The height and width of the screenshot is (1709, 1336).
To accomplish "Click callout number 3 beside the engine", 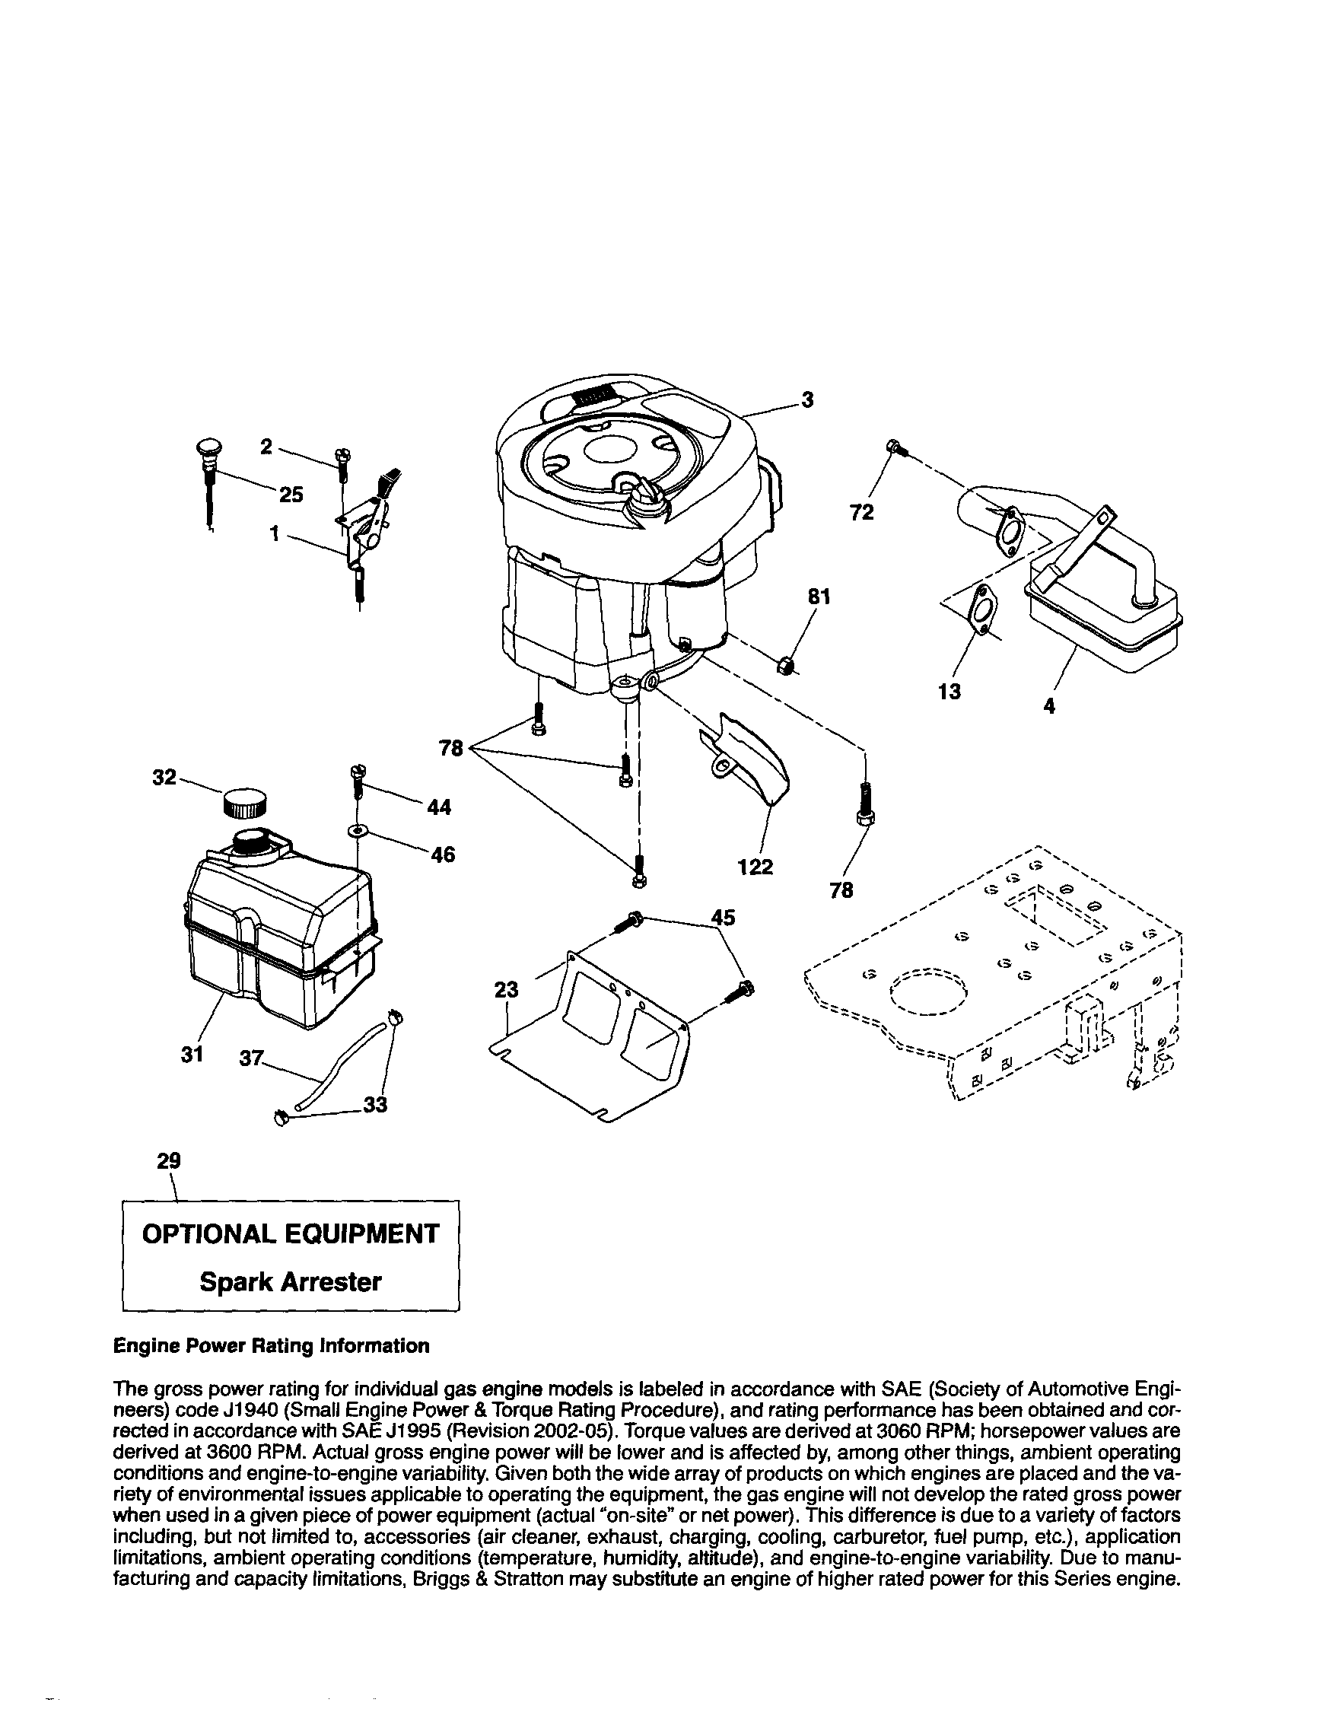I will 808,400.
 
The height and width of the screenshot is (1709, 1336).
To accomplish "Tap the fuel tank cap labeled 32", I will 245,803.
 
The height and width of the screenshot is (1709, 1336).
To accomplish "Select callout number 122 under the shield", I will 755,867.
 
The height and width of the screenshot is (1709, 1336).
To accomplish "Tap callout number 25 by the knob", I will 291,495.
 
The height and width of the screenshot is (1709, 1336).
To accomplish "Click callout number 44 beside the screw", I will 440,807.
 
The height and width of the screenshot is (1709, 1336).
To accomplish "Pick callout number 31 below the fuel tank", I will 192,1054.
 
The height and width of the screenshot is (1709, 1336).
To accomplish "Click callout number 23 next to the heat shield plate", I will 506,990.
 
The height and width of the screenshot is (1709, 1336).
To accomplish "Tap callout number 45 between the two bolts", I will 724,917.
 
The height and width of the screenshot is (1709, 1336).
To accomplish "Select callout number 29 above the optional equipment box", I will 168,1160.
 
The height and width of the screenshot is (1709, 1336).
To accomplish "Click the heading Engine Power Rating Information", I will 272,1346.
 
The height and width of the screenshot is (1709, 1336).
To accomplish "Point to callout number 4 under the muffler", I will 1049,706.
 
